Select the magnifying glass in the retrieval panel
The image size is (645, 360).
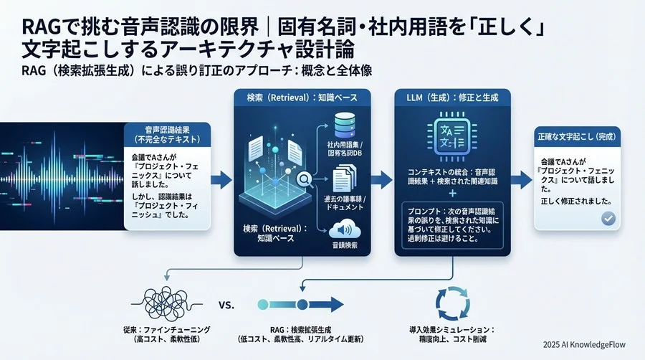(x=304, y=180)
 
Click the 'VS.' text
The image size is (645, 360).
(x=225, y=305)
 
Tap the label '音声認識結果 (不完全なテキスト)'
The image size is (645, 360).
(x=168, y=136)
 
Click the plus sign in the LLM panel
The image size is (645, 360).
(x=452, y=193)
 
